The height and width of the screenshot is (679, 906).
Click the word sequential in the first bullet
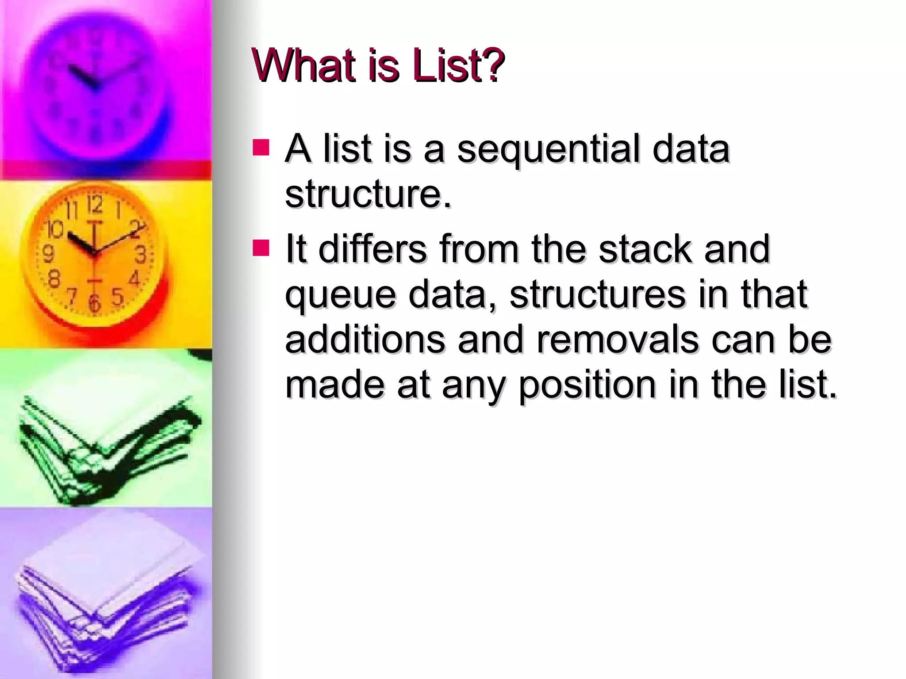(549, 149)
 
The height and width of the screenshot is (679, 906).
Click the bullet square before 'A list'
(261, 148)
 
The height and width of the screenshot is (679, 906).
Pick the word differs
(372, 249)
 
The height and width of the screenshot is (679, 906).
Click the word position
(587, 385)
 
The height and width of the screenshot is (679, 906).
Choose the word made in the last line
(334, 385)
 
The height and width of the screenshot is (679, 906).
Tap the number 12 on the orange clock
(94, 204)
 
